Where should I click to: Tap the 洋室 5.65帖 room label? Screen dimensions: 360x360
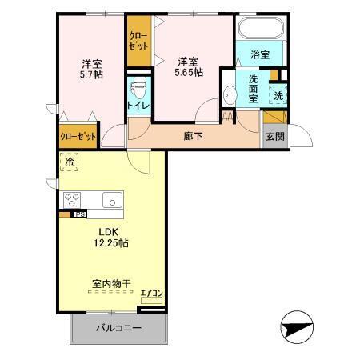point(188,66)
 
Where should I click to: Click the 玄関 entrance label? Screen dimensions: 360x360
point(274,137)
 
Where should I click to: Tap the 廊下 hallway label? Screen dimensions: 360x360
point(193,136)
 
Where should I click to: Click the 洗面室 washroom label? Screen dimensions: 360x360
point(253,89)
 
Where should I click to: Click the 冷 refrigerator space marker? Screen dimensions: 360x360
point(69,162)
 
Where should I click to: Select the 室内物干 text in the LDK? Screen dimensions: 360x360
point(111,282)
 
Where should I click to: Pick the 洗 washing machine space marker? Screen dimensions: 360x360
point(278,94)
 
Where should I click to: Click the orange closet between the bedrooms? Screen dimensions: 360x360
point(138,40)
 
